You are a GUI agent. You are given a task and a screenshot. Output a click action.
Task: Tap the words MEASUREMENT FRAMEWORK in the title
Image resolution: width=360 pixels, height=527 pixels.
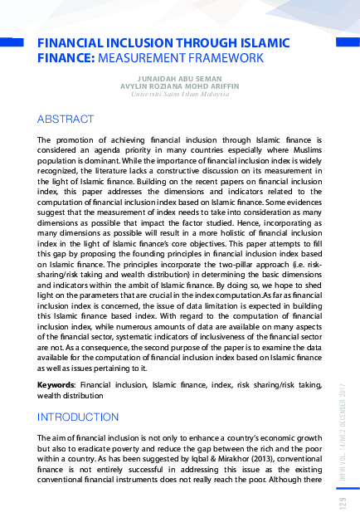pos(181,58)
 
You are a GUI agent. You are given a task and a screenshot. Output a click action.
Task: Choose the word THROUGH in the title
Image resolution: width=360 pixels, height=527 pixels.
pos(212,43)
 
